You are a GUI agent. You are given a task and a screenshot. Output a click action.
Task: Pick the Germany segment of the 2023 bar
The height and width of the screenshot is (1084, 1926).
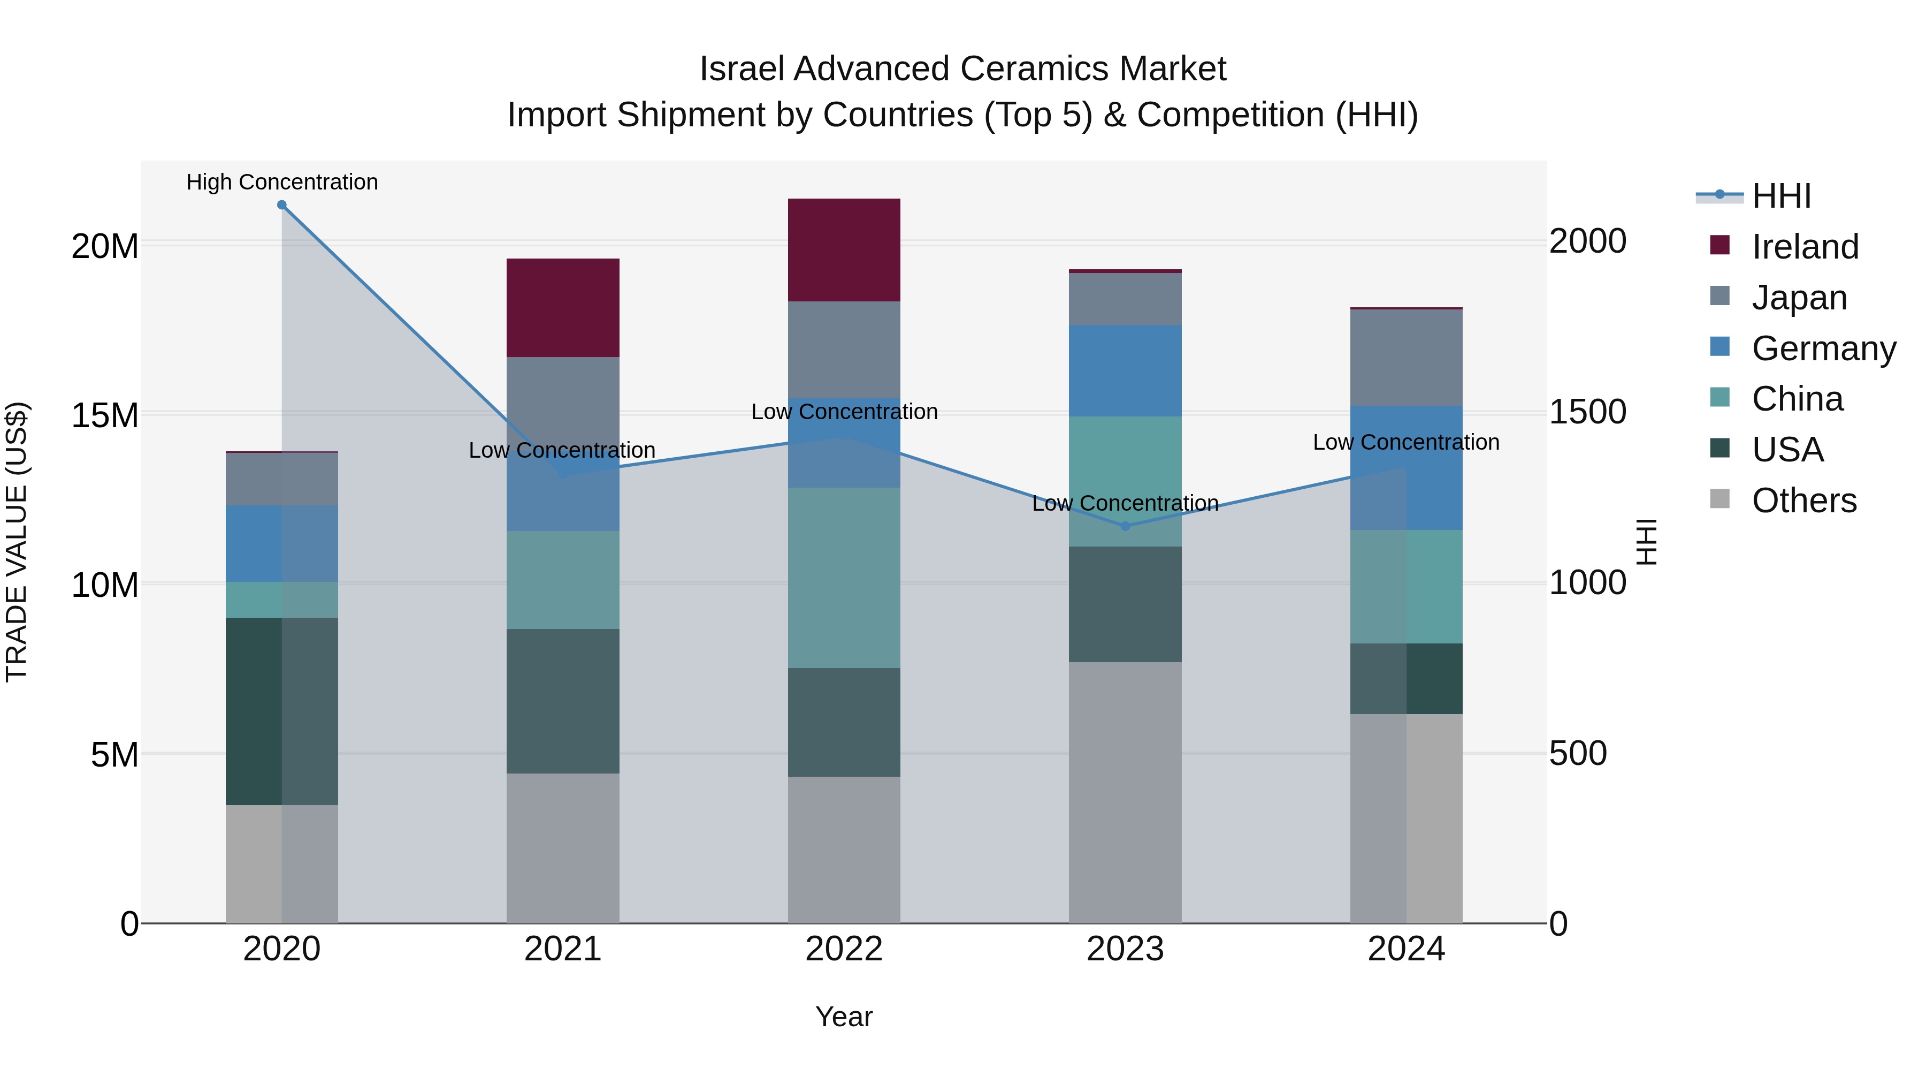(1125, 370)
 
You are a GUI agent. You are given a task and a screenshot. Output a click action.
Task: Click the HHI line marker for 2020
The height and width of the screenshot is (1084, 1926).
(282, 205)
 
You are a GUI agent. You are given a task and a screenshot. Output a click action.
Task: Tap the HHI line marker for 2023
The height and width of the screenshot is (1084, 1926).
(1125, 526)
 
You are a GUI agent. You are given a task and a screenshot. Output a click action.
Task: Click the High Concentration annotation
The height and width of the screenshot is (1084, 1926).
(282, 182)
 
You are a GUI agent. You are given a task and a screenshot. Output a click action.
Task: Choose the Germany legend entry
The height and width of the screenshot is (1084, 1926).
(1823, 348)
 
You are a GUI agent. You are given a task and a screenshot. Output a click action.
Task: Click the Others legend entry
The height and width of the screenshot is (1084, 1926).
(1803, 501)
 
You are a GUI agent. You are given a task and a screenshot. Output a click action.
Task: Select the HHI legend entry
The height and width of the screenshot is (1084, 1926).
(1780, 196)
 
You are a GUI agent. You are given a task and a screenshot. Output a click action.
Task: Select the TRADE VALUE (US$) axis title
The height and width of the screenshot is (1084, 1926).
(17, 542)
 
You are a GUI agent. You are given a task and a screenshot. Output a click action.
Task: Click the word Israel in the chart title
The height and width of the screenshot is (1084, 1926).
(743, 69)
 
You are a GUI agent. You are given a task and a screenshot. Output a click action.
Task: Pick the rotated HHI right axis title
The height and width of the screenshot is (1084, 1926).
(1647, 542)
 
